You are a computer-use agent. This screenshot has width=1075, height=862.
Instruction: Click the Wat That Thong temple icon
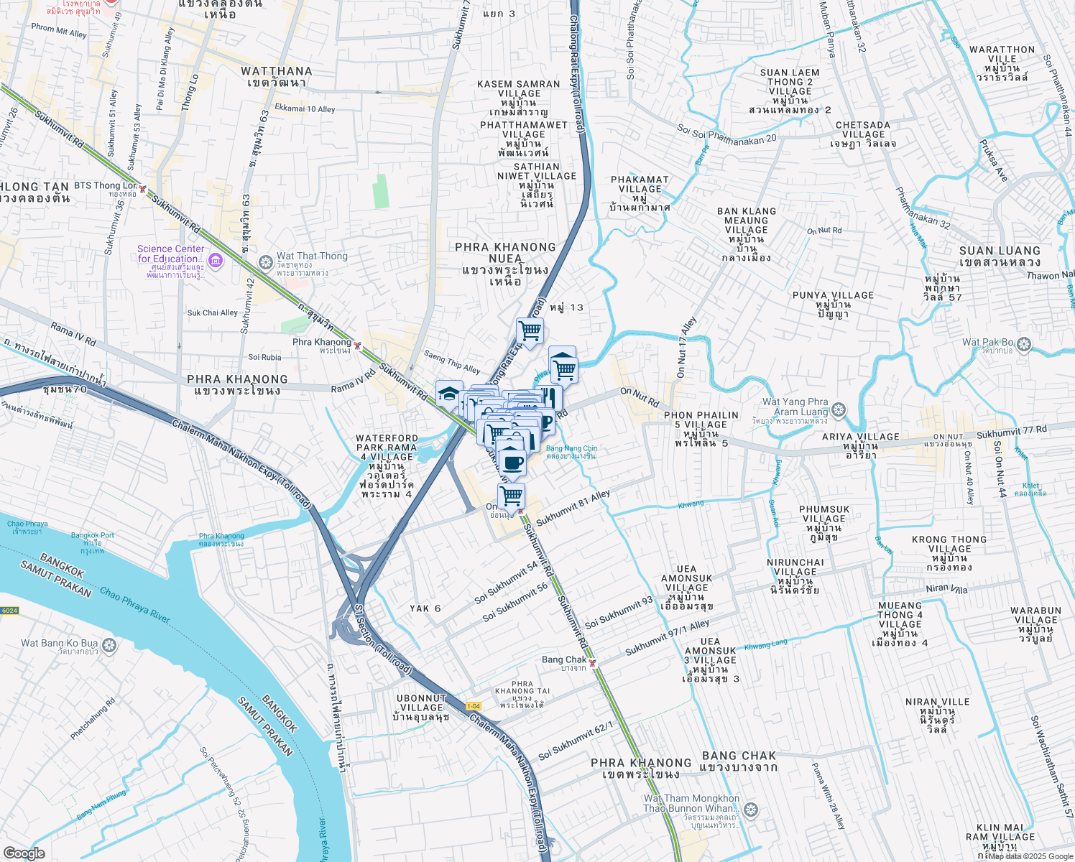pyautogui.click(x=265, y=261)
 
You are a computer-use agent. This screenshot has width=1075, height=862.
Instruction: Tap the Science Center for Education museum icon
pyautogui.click(x=214, y=259)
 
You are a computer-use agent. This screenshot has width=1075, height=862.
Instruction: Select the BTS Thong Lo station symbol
pyautogui.click(x=143, y=190)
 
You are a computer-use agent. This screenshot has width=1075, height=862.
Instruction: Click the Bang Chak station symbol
pyautogui.click(x=592, y=663)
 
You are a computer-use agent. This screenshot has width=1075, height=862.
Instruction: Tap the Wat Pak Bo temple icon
pyautogui.click(x=1024, y=345)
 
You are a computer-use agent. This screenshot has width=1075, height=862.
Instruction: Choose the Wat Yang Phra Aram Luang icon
pyautogui.click(x=839, y=410)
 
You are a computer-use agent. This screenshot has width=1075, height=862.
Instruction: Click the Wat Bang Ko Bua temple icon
pyautogui.click(x=109, y=645)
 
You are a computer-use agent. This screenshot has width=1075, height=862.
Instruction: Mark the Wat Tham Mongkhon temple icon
pyautogui.click(x=751, y=810)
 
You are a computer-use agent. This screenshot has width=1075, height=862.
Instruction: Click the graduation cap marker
pyautogui.click(x=449, y=394)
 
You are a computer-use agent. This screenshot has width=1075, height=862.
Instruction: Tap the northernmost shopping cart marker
pyautogui.click(x=530, y=331)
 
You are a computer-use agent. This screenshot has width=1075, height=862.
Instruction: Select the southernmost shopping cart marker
pyautogui.click(x=511, y=495)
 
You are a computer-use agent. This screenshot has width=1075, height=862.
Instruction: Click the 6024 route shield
pyautogui.click(x=9, y=611)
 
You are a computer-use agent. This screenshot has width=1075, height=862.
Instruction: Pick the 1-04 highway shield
pyautogui.click(x=474, y=706)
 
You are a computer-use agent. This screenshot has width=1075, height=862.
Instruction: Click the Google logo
pyautogui.click(x=24, y=853)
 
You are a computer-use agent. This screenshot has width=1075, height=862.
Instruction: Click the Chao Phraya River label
pyautogui.click(x=134, y=604)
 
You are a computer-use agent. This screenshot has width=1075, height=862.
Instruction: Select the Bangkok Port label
pyautogui.click(x=93, y=535)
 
